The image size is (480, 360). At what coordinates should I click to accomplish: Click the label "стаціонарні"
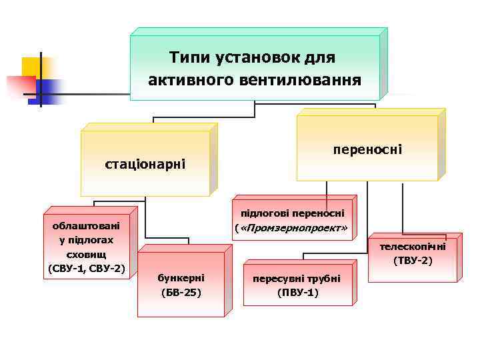(145, 164)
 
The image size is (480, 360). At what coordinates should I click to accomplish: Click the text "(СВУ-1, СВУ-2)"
(87, 269)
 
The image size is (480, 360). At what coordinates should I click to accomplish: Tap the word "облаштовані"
(87, 225)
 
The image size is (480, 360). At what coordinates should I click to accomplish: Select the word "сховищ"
(87, 254)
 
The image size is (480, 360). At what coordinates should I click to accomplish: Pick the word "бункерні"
(181, 277)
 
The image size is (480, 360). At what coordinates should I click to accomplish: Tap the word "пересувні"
(275, 277)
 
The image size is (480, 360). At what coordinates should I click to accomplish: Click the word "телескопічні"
(413, 246)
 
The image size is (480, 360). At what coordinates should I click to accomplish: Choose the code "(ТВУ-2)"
(413, 260)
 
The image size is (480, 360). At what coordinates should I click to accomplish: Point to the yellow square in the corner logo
(32, 67)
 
